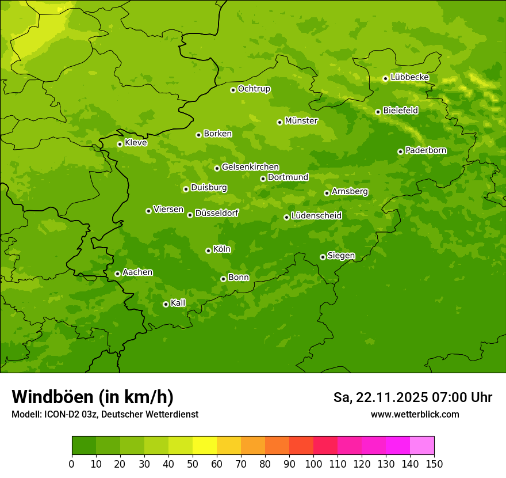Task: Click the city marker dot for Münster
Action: (279, 122)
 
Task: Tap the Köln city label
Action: (221, 249)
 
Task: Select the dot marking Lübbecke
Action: (385, 78)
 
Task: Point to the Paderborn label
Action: (425, 150)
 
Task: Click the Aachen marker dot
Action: (117, 274)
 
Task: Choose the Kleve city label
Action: (136, 143)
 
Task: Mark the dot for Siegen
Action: (323, 257)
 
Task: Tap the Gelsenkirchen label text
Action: (250, 167)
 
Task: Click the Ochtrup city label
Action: (254, 89)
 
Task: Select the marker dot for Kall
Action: (166, 304)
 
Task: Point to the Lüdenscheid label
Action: (316, 216)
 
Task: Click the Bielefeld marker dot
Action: (378, 112)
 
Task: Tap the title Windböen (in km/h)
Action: (93, 397)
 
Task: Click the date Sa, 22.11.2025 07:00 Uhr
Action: (412, 397)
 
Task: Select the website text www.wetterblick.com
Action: (415, 414)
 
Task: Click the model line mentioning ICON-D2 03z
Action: (105, 414)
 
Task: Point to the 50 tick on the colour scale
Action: (193, 464)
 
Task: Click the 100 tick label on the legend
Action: (313, 464)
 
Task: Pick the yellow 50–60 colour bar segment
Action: (205, 446)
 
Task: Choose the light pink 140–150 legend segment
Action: (422, 446)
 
